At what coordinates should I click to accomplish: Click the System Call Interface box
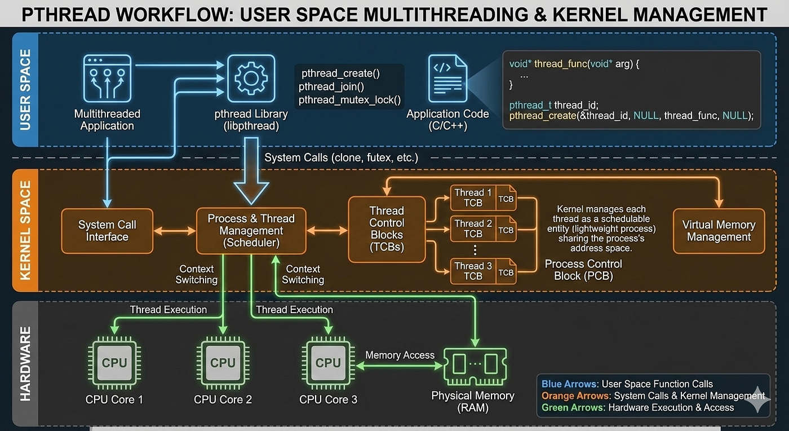[107, 231]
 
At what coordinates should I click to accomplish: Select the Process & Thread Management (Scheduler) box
[251, 231]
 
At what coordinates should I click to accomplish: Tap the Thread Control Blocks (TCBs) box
[387, 229]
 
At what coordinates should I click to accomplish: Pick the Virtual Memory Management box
[719, 231]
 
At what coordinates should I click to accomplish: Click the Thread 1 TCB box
[484, 198]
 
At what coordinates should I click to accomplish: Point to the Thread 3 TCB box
[484, 271]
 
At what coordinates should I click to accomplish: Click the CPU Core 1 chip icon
[114, 363]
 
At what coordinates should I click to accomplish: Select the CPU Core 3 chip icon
[328, 363]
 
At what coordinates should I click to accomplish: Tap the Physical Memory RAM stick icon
[475, 366]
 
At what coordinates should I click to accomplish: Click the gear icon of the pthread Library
[251, 78]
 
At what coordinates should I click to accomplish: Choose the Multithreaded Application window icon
[107, 78]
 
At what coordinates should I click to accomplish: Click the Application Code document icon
[447, 78]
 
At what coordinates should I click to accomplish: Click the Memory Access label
[400, 355]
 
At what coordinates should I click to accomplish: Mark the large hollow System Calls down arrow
[251, 171]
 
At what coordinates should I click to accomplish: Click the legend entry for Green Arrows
[637, 408]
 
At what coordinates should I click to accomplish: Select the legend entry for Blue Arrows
[627, 384]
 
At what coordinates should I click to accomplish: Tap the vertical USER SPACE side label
[25, 90]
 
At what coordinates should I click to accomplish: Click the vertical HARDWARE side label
[25, 364]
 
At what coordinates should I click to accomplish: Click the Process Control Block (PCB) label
[583, 270]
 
